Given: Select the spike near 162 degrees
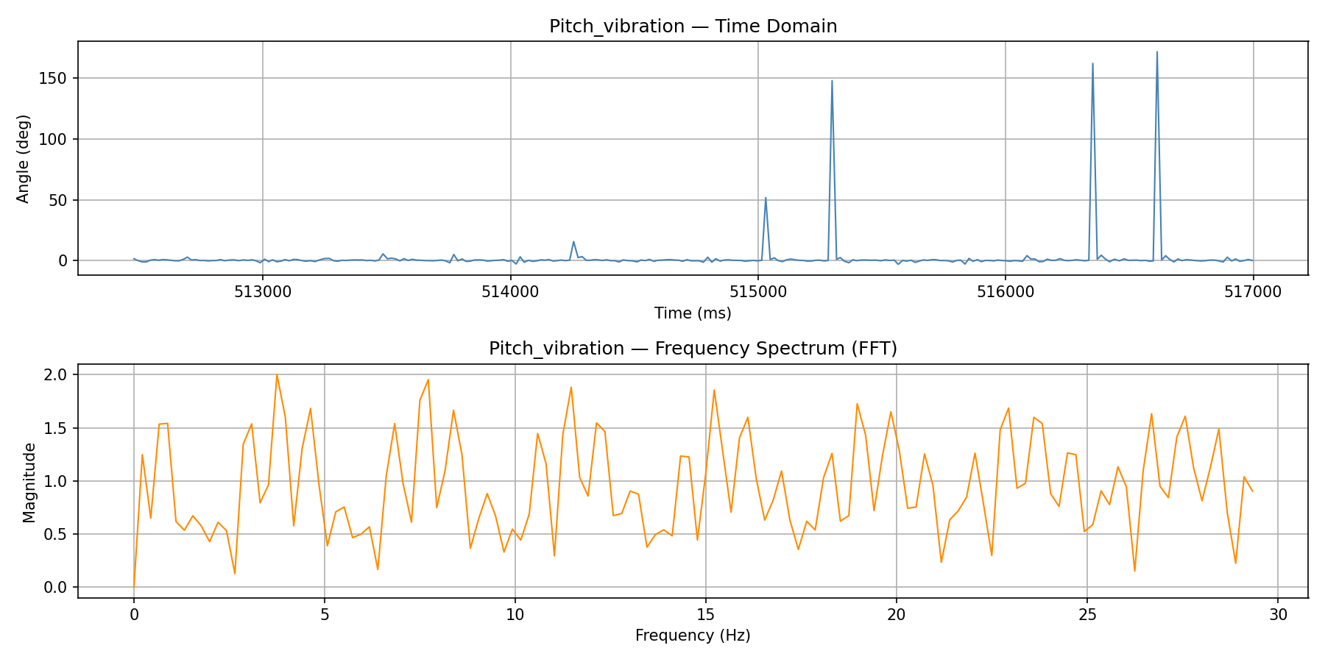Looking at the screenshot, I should point(1092,64).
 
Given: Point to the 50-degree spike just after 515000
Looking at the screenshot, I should point(766,198).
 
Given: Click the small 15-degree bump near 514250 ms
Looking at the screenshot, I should point(573,242).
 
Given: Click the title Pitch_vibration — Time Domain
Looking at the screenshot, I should point(693,26).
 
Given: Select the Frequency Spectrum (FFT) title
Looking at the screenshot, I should point(693,349).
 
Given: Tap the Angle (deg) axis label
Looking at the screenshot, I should point(24,158).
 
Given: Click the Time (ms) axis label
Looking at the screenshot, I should point(693,313).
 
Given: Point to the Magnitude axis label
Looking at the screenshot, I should point(29,482).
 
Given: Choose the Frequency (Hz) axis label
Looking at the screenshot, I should point(693,636).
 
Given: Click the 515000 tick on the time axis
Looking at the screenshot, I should point(757,292).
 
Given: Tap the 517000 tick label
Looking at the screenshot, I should point(1252,292).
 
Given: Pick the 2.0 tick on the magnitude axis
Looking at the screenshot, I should point(55,375).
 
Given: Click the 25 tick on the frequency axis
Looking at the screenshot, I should point(1086,614).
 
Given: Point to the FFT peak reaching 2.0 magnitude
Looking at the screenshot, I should point(277,375).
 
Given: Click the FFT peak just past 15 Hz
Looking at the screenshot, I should point(714,391).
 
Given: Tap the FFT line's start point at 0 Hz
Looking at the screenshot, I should point(134,586).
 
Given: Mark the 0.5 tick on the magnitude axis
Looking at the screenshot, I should point(55,534).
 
